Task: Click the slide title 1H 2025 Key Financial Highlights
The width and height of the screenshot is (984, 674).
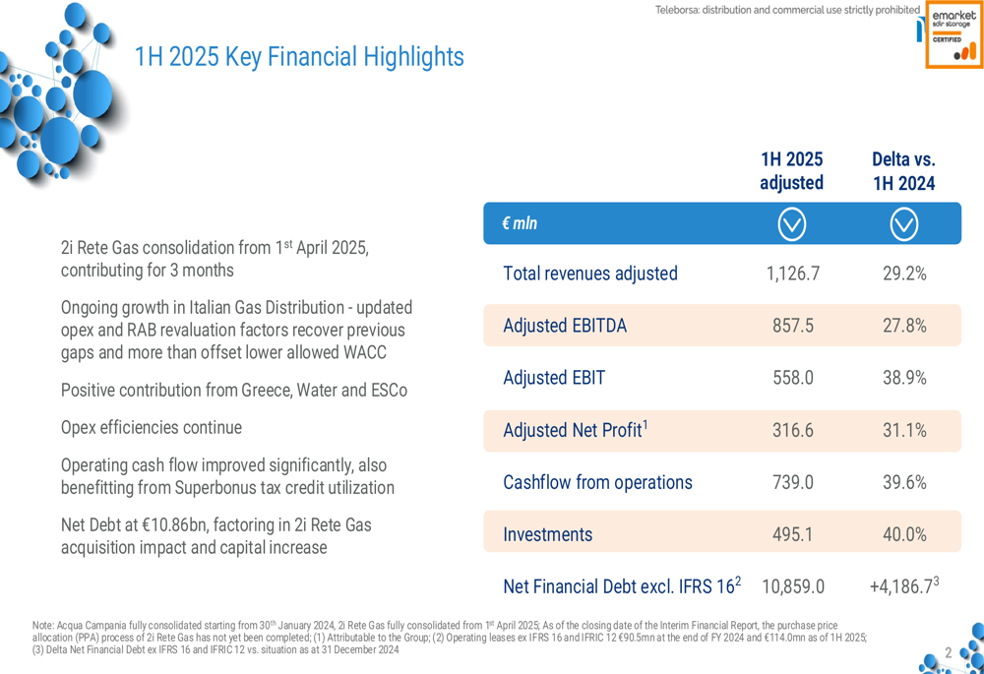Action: click(299, 57)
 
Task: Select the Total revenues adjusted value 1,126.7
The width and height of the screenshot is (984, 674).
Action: click(792, 274)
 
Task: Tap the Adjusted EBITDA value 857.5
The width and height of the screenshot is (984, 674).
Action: click(792, 326)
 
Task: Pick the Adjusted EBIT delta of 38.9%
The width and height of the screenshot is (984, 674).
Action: click(903, 378)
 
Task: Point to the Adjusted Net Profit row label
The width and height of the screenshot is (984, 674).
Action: click(576, 430)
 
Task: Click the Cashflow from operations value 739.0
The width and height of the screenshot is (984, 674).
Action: click(792, 482)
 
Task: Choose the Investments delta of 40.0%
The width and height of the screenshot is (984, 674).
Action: click(903, 534)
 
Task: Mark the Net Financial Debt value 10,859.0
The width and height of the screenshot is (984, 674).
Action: click(792, 586)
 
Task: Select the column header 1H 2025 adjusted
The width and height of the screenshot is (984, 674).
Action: click(791, 171)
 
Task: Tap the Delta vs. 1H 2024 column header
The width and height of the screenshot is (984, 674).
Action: click(903, 171)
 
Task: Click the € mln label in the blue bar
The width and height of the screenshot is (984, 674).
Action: click(520, 223)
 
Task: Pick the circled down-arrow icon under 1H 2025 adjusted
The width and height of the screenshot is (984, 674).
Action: click(792, 224)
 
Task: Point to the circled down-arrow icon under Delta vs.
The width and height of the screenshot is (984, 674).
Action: click(903, 224)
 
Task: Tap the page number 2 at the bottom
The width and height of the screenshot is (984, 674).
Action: click(949, 652)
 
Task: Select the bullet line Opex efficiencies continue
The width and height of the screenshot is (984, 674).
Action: click(152, 428)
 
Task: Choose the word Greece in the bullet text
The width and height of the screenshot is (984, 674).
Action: click(270, 391)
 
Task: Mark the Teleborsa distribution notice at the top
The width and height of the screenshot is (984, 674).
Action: click(787, 11)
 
